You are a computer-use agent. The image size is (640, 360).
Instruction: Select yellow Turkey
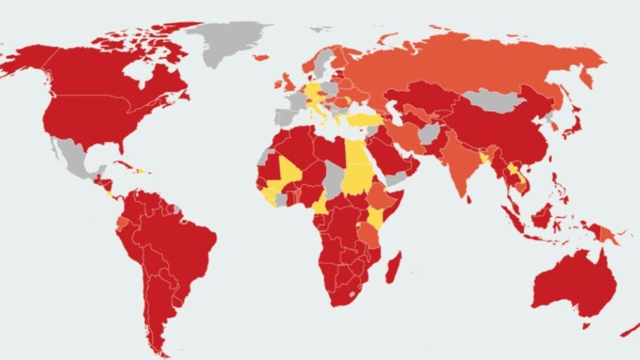364,119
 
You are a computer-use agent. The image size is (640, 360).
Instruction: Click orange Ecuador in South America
122,222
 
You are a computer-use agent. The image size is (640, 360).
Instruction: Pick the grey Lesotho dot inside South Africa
352,294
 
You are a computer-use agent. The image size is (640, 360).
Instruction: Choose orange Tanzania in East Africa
370,236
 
